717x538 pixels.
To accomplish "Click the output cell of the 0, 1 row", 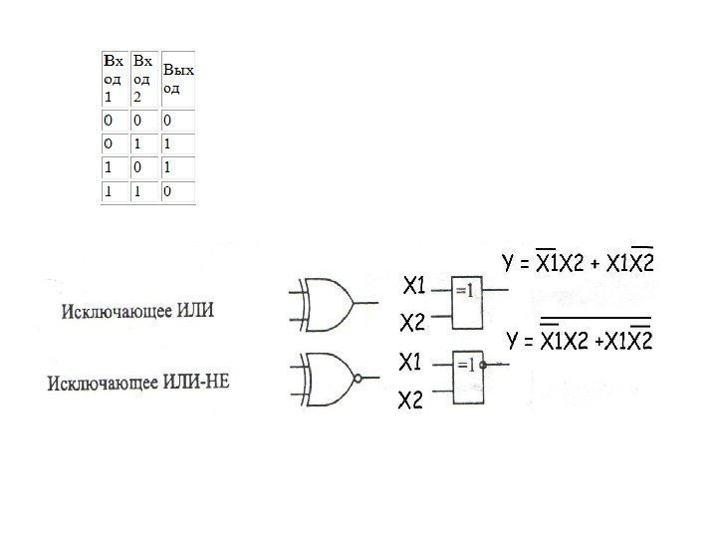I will tap(177, 143).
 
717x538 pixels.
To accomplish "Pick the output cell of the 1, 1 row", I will tap(177, 190).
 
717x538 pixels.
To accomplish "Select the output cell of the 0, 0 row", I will tap(177, 121).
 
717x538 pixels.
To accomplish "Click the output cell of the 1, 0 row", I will tap(177, 166).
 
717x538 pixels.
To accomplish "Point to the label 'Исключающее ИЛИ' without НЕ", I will tap(137, 311).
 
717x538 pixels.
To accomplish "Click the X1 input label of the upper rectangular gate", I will tap(413, 288).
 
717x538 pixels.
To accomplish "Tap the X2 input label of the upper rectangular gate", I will tap(412, 325).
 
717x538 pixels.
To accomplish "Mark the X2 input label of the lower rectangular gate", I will tap(412, 401).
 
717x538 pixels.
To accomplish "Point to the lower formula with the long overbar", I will tap(580, 340).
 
